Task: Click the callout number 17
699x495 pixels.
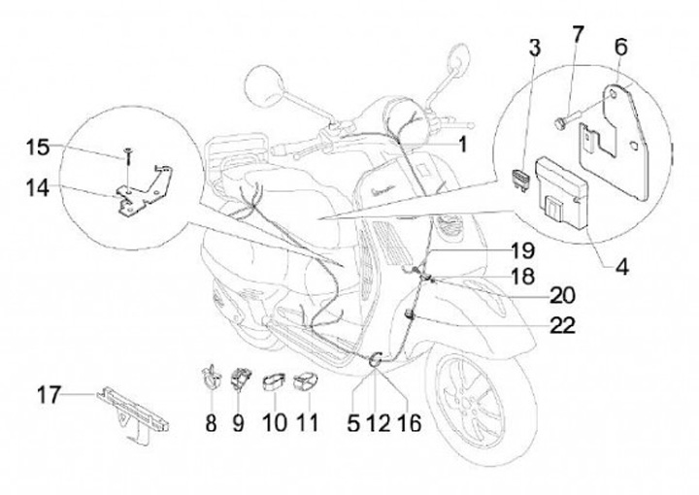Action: tap(50, 396)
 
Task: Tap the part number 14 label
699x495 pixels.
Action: tap(40, 190)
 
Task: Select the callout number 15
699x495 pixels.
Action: tap(37, 148)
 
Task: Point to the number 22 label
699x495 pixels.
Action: tap(562, 326)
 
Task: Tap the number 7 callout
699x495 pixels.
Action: tap(577, 36)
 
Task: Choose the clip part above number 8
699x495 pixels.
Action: tap(208, 377)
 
